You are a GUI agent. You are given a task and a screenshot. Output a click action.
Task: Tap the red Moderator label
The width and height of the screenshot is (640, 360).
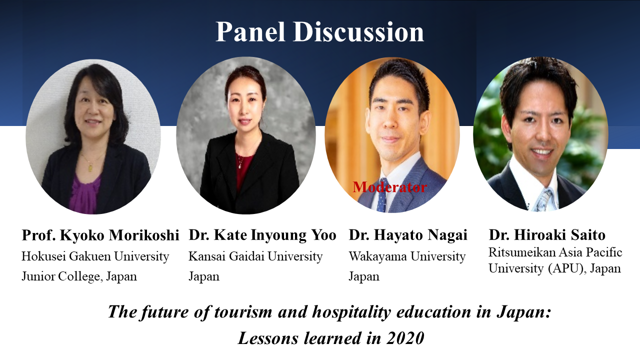click(389, 187)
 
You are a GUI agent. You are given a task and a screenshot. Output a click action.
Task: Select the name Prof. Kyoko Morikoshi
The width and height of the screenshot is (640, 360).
click(100, 235)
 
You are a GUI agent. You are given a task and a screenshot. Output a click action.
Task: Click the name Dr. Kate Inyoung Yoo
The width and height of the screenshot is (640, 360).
click(262, 235)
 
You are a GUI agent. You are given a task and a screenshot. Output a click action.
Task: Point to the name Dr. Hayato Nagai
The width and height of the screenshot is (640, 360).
click(408, 235)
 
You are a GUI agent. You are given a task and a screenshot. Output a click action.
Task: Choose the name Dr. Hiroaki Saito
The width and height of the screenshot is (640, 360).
click(547, 235)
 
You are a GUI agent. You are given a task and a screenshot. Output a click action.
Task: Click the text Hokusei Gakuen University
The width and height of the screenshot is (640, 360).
click(95, 256)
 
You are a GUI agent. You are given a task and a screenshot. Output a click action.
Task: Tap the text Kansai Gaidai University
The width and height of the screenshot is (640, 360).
click(255, 256)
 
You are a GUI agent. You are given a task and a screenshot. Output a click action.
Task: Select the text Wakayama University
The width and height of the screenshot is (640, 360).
click(407, 256)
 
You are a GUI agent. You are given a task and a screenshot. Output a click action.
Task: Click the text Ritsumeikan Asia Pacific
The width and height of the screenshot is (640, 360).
click(555, 252)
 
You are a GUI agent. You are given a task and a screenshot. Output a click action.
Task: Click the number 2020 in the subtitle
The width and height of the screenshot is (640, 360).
click(405, 338)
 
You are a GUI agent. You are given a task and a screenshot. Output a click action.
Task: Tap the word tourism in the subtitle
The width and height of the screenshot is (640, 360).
click(243, 311)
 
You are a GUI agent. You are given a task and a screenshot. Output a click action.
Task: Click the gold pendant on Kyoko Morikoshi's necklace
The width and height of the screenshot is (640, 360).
click(90, 167)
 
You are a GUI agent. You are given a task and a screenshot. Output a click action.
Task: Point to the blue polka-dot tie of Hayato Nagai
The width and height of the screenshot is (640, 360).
click(382, 195)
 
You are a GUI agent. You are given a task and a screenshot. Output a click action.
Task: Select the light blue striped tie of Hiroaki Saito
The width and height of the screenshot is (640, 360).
click(543, 200)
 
